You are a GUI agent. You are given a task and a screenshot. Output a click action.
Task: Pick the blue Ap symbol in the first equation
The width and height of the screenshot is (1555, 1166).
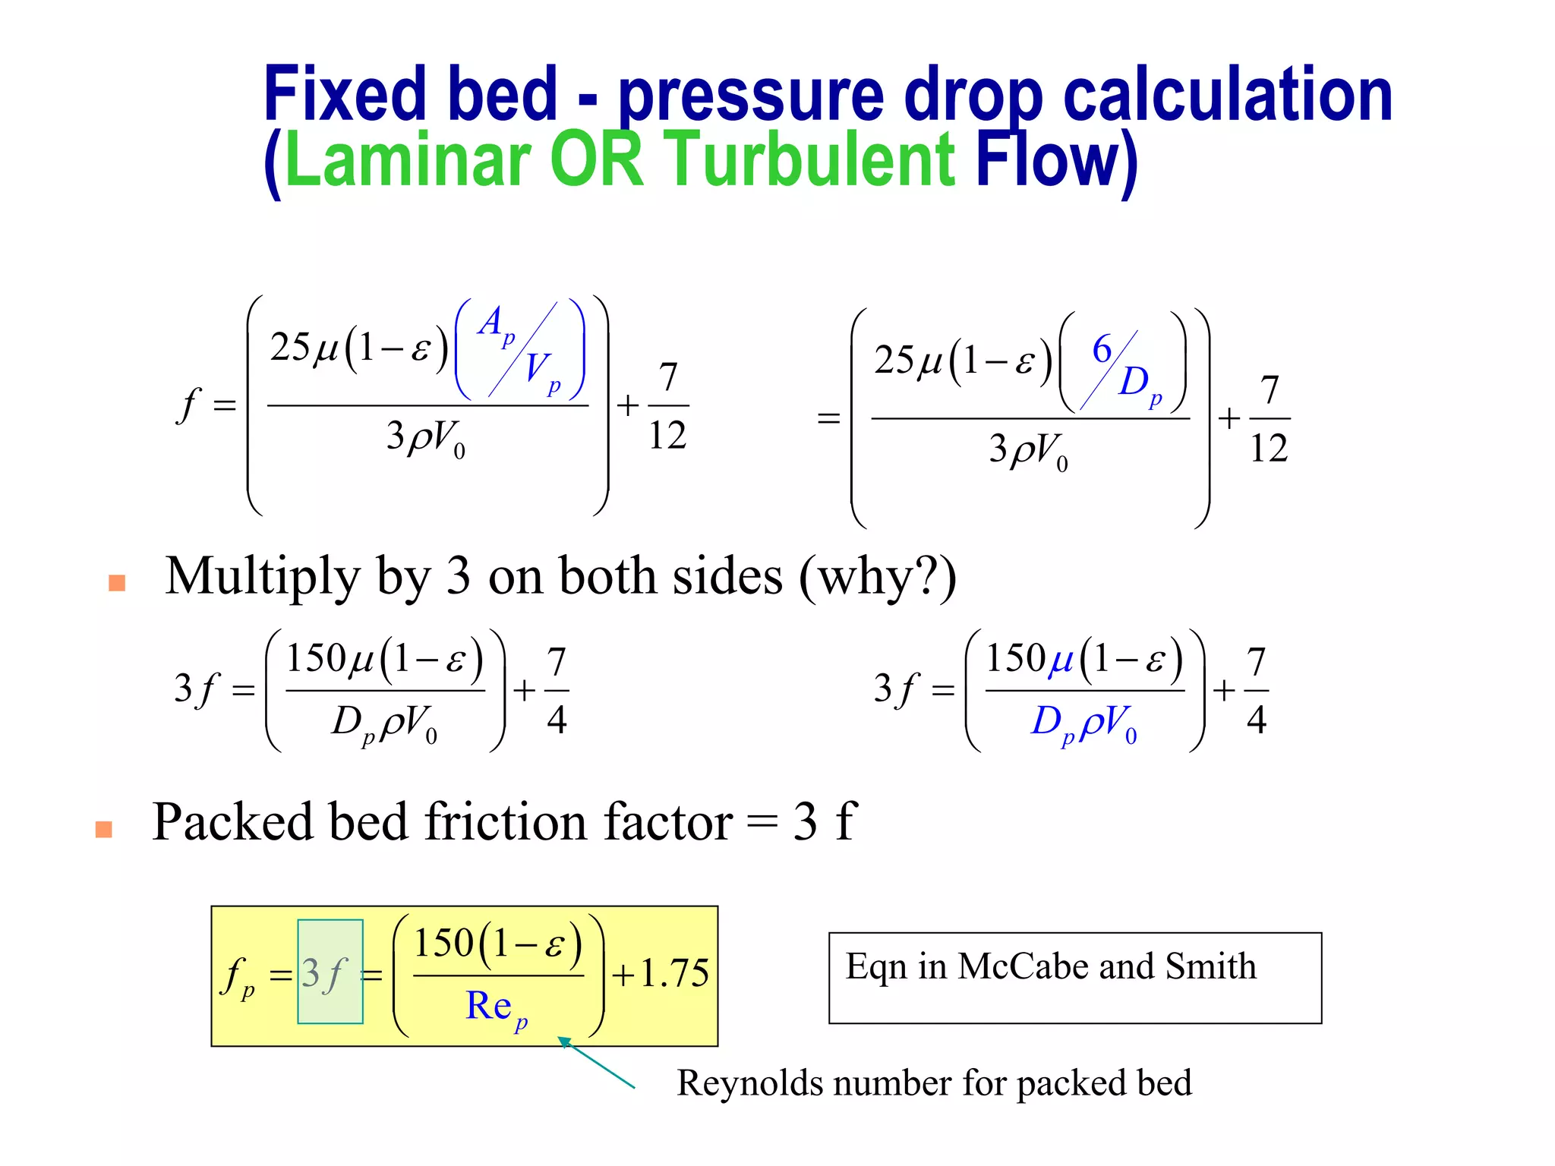(x=495, y=325)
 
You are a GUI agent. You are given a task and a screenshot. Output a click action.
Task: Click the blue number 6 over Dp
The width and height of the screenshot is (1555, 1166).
(x=1102, y=350)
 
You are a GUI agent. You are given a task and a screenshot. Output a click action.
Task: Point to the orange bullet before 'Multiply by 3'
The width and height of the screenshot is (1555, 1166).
(x=117, y=582)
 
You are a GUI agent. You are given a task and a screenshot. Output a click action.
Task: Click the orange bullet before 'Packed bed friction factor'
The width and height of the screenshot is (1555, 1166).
(x=104, y=829)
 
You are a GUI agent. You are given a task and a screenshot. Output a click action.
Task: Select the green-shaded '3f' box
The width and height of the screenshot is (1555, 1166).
(x=330, y=972)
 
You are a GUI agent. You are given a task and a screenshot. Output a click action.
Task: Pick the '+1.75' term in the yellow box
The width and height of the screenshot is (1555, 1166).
(x=661, y=973)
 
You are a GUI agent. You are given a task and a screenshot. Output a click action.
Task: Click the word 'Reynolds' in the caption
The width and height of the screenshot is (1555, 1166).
(x=749, y=1083)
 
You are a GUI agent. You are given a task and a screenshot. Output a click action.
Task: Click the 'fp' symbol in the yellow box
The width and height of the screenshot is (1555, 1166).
(x=238, y=976)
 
